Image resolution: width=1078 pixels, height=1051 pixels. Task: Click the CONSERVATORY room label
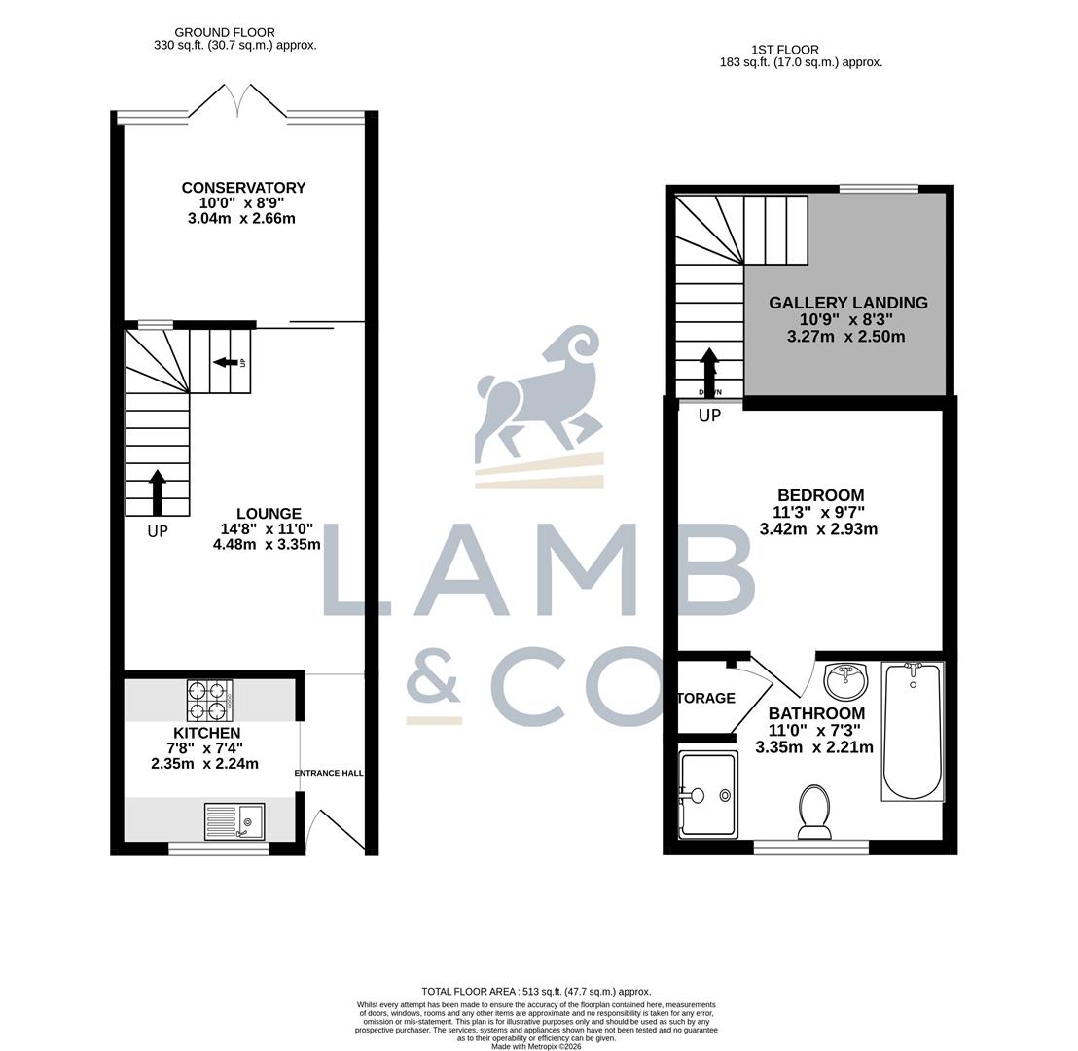(243, 188)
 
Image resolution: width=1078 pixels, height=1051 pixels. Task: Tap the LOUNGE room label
(269, 514)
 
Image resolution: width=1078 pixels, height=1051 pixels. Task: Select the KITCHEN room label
(206, 733)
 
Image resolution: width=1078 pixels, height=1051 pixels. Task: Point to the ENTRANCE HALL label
(329, 773)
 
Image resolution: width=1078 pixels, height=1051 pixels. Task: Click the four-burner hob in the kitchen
(209, 700)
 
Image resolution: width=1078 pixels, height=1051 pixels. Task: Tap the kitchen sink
(234, 821)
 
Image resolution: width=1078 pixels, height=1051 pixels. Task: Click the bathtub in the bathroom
(913, 730)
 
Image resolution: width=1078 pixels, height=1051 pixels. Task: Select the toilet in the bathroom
(814, 811)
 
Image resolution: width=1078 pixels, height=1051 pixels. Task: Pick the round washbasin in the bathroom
(844, 680)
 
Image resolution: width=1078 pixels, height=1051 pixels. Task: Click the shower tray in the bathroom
(708, 794)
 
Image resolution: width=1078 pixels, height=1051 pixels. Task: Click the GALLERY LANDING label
(847, 303)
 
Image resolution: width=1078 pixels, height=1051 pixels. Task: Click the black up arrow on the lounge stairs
(158, 492)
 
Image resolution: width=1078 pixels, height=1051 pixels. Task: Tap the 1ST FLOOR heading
(784, 50)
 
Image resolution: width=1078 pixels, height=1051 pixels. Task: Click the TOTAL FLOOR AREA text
(536, 991)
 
